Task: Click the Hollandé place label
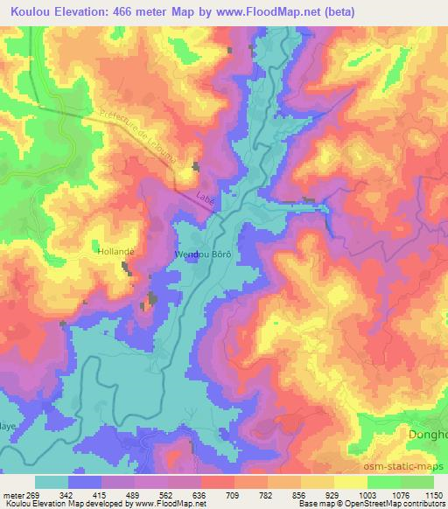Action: click(114, 250)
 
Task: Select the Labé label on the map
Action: click(206, 198)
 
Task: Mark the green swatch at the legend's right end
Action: click(417, 482)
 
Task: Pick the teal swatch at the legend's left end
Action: click(52, 482)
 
